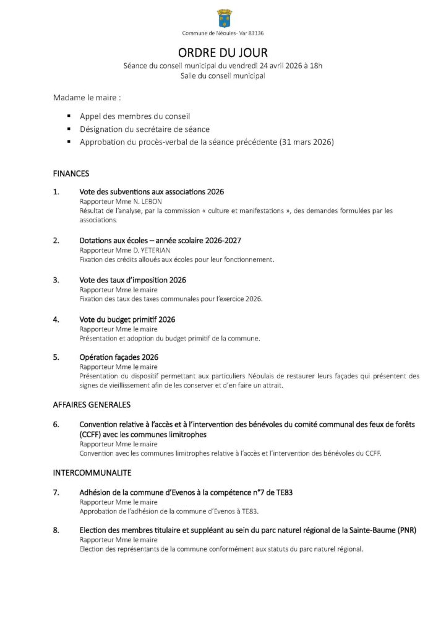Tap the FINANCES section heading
71,174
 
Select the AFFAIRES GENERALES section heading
92,405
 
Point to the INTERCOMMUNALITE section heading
92,473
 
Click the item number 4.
56,319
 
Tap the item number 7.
56,492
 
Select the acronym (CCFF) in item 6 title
90,435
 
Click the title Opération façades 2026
119,357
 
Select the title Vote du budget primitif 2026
127,319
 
